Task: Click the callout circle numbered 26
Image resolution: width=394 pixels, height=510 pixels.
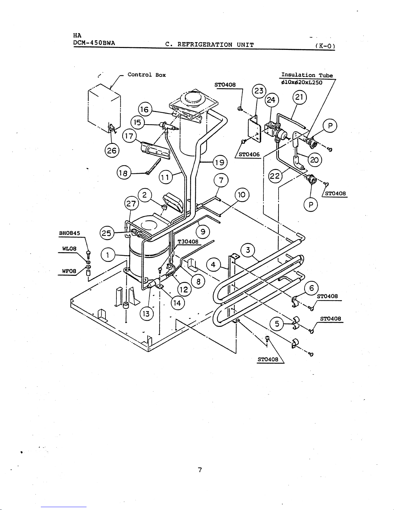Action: [x=112, y=150]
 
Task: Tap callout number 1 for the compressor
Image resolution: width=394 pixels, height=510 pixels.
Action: [x=108, y=255]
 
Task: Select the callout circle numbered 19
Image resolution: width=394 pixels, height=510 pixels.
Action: [x=220, y=162]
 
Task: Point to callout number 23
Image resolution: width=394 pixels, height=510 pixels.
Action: [x=259, y=91]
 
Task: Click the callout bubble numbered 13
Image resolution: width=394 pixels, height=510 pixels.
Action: [x=146, y=313]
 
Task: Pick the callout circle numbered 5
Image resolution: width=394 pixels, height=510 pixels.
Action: [x=277, y=324]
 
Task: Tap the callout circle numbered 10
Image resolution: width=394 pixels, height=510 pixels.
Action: [x=242, y=195]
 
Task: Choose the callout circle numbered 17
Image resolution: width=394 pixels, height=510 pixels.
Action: [x=129, y=136]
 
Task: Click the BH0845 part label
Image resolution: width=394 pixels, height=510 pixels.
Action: [x=69, y=233]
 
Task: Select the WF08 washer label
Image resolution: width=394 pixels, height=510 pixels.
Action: [x=69, y=271]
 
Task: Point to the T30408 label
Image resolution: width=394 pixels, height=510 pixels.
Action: [x=188, y=242]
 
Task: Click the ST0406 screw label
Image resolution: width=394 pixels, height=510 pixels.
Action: [x=249, y=154]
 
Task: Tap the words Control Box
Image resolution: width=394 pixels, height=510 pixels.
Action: [x=147, y=75]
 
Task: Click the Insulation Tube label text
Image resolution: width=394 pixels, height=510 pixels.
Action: [x=307, y=75]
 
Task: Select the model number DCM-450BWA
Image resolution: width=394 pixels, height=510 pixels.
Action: [x=94, y=43]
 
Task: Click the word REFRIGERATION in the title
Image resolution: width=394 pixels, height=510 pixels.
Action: [x=205, y=44]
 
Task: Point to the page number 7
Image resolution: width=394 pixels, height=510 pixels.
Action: [x=200, y=470]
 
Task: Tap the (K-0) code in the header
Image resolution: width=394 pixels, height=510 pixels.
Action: [x=325, y=46]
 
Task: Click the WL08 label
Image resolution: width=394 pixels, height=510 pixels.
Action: [x=69, y=248]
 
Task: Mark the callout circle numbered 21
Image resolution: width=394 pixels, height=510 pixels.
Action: [x=299, y=97]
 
